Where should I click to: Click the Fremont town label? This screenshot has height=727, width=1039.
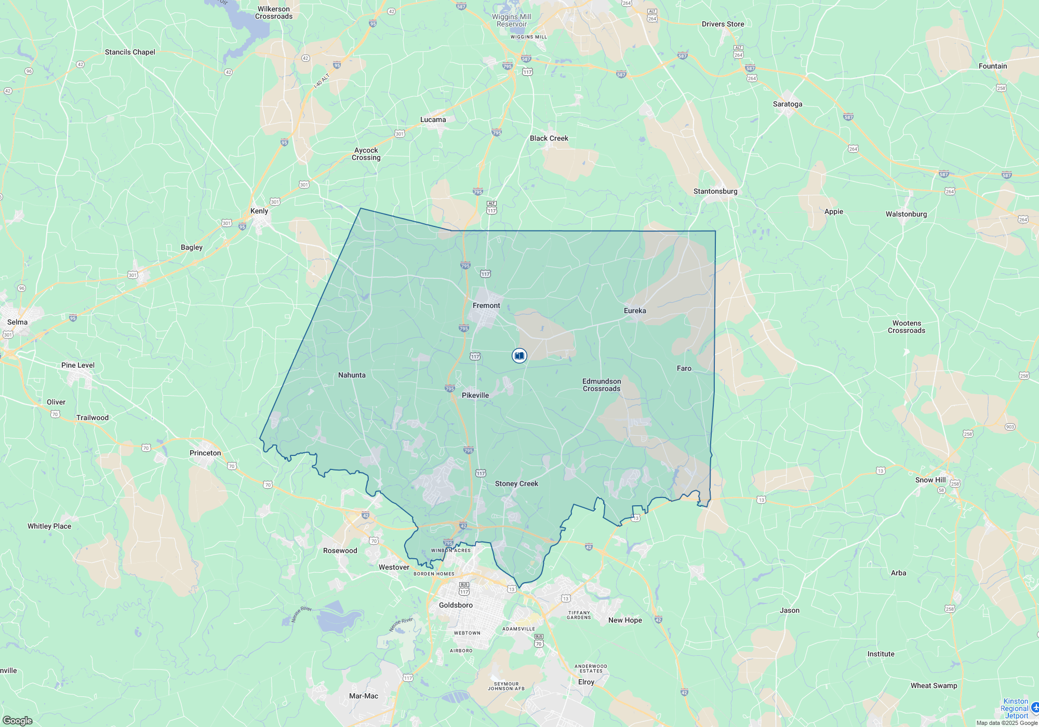coord(486,305)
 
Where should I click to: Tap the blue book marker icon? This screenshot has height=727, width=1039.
coord(519,356)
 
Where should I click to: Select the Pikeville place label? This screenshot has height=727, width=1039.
coord(475,395)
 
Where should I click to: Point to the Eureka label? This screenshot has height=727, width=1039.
coord(635,311)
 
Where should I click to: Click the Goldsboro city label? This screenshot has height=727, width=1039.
coord(456,605)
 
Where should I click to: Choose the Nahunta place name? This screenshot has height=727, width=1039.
coord(352,375)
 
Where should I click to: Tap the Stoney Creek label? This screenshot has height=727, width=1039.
coord(516,483)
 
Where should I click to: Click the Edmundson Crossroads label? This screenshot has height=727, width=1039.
coord(602,385)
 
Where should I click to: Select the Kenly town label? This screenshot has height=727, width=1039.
coord(259,211)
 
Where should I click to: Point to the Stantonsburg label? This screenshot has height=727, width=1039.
coord(715,191)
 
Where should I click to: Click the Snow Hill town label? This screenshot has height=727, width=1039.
coord(930,480)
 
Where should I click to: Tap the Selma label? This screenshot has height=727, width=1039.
coord(17,322)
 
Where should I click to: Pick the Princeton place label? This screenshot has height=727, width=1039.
coord(205,453)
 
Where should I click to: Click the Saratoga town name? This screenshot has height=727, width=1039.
coord(788,104)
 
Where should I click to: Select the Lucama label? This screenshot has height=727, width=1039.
coord(433,119)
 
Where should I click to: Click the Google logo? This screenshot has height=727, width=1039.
coord(17,720)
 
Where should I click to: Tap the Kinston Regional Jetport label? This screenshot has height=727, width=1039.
coord(1015,708)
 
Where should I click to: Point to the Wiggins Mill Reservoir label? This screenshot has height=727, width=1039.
coord(512,20)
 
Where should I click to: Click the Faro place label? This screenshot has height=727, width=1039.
coord(684,368)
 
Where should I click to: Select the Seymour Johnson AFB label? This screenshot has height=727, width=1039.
coord(506,686)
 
